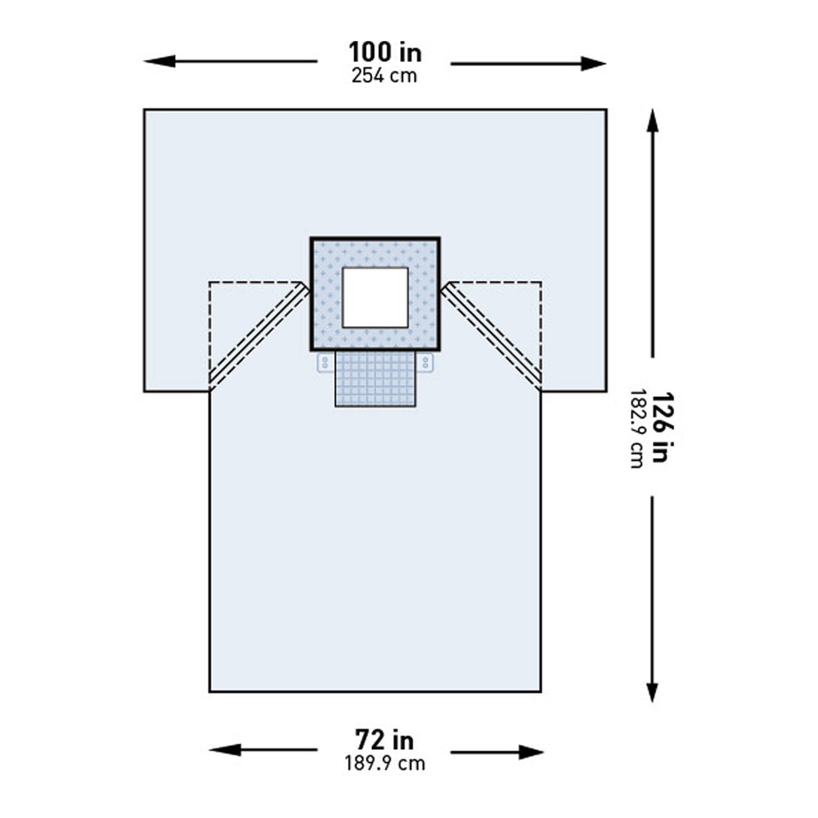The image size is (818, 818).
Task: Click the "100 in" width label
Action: pos(385,52)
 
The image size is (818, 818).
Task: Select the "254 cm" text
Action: pos(384,75)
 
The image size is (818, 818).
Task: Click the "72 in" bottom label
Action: pos(384,739)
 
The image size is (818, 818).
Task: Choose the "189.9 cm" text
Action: pos(384,763)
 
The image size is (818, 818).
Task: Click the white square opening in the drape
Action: pos(375,297)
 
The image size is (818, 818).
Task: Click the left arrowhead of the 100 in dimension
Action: pos(153,61)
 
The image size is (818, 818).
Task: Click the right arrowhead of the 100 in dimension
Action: pos(598,63)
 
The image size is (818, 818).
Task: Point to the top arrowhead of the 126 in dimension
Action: pos(652,119)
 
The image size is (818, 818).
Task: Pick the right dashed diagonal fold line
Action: pos(493,334)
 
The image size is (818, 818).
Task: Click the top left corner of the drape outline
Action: pos(145,110)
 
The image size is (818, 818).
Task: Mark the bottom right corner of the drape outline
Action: pos(541,691)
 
